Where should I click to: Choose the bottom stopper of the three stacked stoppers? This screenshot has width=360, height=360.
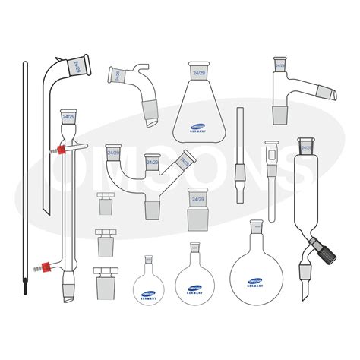coord(104,276)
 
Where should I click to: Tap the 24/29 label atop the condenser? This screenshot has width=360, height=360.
coord(70,117)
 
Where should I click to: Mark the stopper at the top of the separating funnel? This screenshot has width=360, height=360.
coord(307,147)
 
